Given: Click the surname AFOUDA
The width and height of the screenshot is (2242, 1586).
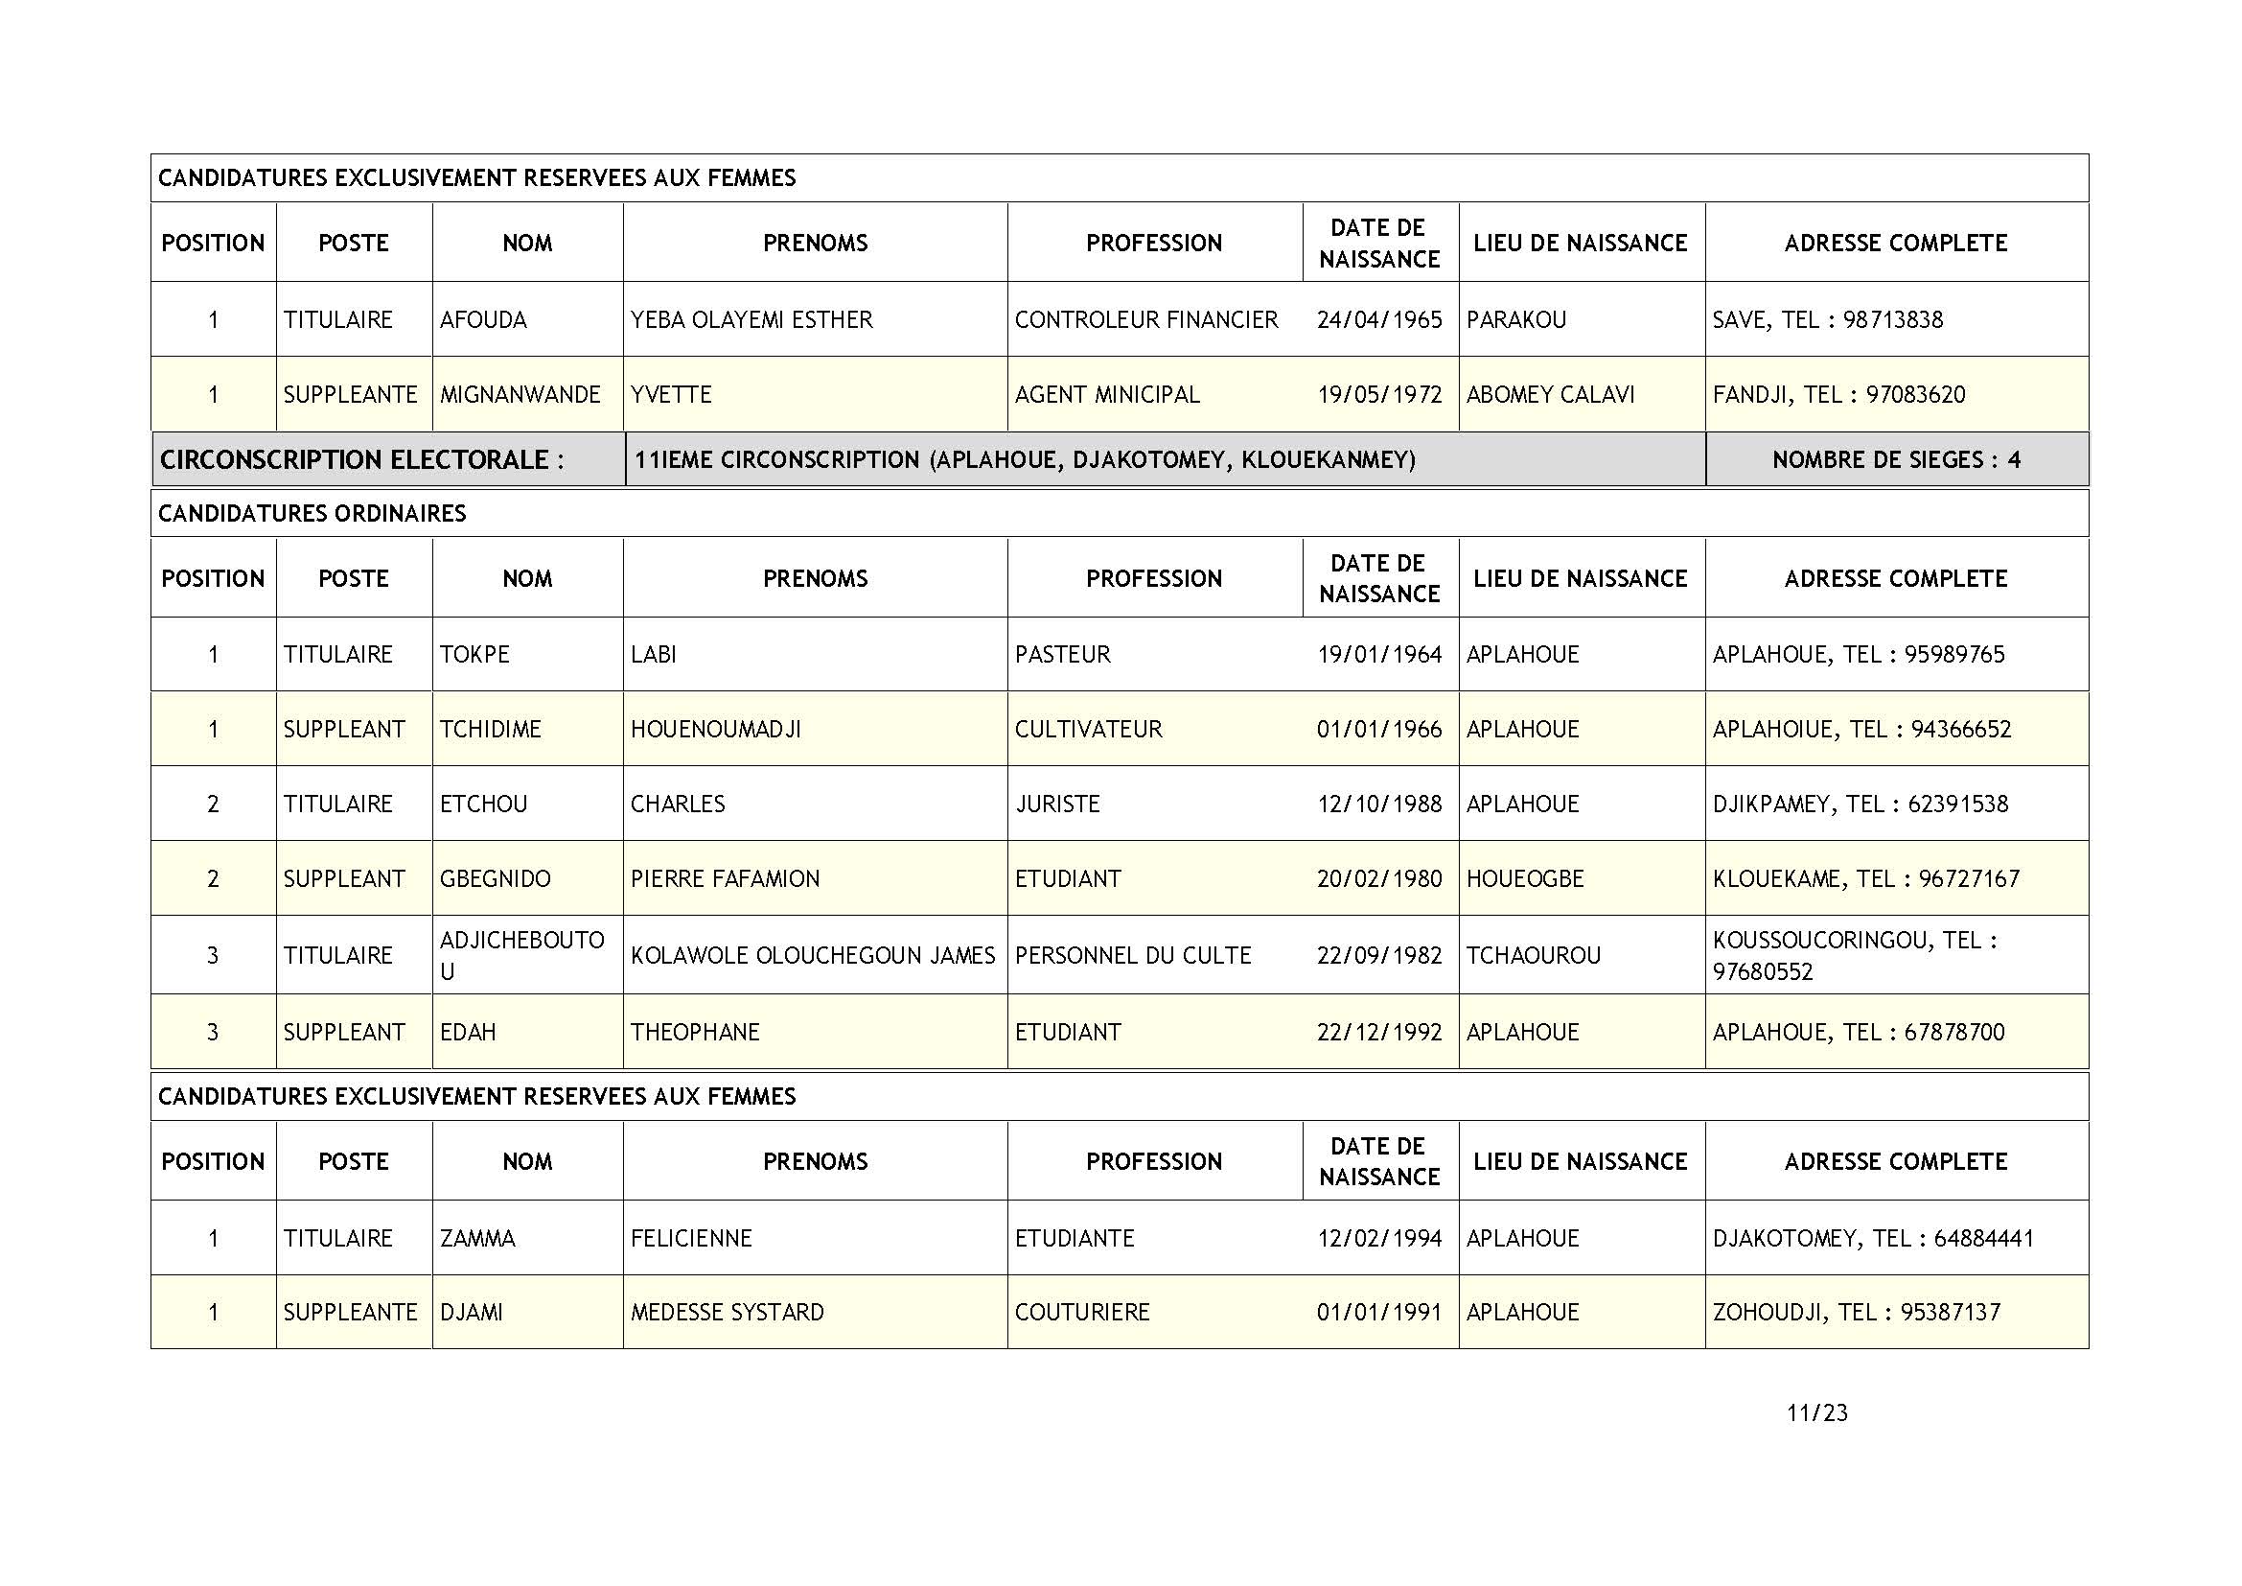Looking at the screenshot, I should tap(482, 319).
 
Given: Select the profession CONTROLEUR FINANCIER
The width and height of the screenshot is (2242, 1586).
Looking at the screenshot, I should tap(1145, 319).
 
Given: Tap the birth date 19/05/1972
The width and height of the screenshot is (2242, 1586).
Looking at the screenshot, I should tap(1378, 394).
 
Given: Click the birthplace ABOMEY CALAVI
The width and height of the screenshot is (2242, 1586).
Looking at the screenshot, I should tap(1550, 394).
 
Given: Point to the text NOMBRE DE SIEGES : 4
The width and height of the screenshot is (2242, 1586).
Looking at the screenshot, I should tap(1896, 460).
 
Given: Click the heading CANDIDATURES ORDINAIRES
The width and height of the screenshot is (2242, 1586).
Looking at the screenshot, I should tap(312, 514).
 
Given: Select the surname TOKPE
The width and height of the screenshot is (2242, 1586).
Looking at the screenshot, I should tap(474, 654).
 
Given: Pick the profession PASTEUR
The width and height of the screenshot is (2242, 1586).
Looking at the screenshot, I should tap(1062, 654).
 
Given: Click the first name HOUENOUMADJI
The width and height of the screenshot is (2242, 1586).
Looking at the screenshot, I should tap(716, 730).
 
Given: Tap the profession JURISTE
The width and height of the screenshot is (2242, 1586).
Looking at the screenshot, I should tap(1056, 804).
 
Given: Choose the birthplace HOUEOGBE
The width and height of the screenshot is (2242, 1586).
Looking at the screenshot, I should tap(1524, 879).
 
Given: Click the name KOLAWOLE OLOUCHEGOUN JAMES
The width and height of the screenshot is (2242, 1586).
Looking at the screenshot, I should tap(813, 955).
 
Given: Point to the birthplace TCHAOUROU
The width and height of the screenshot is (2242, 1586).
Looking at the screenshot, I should tap(1533, 955).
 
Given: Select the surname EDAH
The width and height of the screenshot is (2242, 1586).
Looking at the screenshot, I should tap(468, 1033).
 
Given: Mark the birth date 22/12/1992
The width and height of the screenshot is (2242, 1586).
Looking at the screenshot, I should tap(1378, 1033).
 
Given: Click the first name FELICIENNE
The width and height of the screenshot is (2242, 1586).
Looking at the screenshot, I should tap(691, 1238).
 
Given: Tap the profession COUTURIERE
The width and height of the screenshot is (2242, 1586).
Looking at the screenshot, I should tap(1082, 1312).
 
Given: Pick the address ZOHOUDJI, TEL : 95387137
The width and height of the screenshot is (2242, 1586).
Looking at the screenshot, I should tap(1857, 1312).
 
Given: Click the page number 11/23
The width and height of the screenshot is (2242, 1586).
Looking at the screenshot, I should tap(1816, 1413).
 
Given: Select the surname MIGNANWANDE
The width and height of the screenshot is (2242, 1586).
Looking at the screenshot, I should tap(520, 394).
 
